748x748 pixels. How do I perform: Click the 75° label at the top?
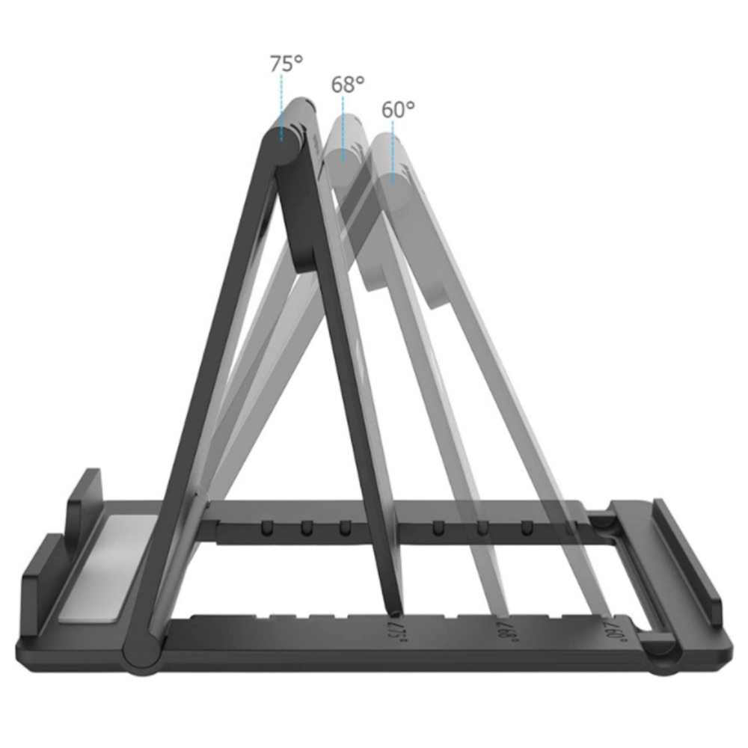click(x=286, y=63)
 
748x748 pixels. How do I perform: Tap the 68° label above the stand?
click(x=347, y=84)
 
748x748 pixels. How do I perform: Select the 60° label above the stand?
click(x=398, y=109)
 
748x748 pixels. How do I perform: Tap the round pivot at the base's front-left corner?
click(x=141, y=652)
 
